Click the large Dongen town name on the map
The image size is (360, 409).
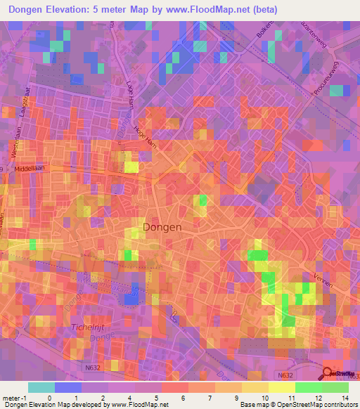point(162,228)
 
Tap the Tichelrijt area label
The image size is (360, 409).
point(87,328)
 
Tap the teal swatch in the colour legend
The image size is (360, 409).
point(41,387)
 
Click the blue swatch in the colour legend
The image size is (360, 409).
point(68,387)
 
